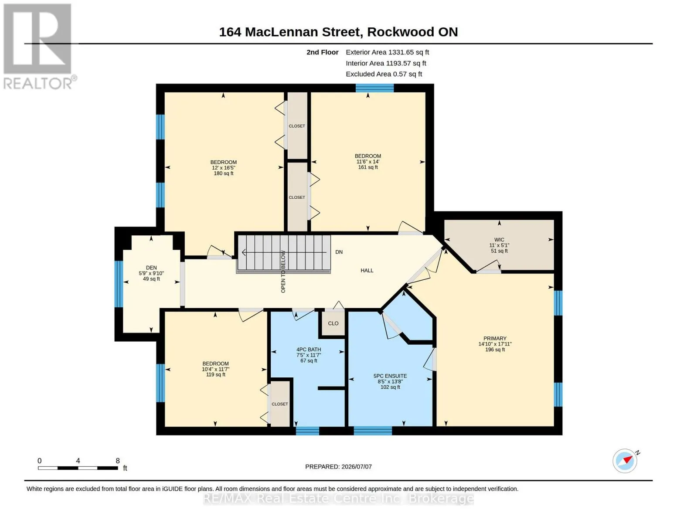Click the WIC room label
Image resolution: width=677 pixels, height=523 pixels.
[x=499, y=240]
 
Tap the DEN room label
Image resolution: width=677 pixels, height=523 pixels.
[x=151, y=268]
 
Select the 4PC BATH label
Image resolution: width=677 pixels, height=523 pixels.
[x=309, y=350]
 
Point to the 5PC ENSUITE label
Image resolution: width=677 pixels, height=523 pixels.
[x=390, y=376]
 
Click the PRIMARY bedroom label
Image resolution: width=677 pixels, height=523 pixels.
[x=495, y=338]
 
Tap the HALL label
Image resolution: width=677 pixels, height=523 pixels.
[x=367, y=270]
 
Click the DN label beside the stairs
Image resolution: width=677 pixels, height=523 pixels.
[x=339, y=252]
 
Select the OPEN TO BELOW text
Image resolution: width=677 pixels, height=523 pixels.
[x=283, y=272]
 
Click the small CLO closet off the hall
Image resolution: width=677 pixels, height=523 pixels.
[x=333, y=323]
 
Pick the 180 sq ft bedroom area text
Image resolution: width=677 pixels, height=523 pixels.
[x=223, y=173]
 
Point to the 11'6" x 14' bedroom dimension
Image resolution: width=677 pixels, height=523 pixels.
[x=368, y=162]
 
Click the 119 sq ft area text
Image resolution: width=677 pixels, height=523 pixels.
[x=216, y=374]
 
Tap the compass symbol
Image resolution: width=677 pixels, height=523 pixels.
[x=625, y=461]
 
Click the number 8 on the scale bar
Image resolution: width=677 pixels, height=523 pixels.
[x=118, y=461]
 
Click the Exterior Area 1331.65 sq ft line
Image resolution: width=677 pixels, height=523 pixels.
[x=387, y=52]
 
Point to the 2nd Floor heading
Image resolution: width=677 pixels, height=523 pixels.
[x=323, y=52]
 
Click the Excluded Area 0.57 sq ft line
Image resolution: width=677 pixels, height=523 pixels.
[x=384, y=74]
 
